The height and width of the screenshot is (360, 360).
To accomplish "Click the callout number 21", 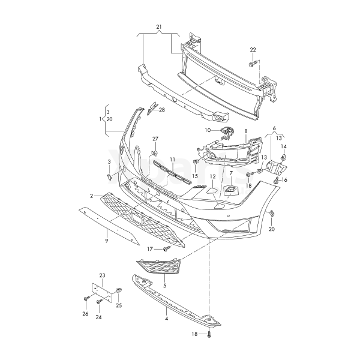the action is [159, 27].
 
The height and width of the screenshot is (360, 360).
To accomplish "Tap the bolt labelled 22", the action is [252, 64].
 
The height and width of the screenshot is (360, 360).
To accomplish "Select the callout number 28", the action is [162, 110].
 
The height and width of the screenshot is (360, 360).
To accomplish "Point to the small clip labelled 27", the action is [155, 152].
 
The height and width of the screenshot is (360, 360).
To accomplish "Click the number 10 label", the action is [208, 130].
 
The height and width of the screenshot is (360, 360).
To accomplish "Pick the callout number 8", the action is [246, 131].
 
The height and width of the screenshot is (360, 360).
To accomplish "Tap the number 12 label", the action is [213, 176].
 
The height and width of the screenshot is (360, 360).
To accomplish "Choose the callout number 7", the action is [231, 172].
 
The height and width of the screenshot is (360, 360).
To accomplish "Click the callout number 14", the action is [284, 146].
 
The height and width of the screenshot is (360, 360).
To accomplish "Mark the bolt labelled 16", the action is [276, 181].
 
